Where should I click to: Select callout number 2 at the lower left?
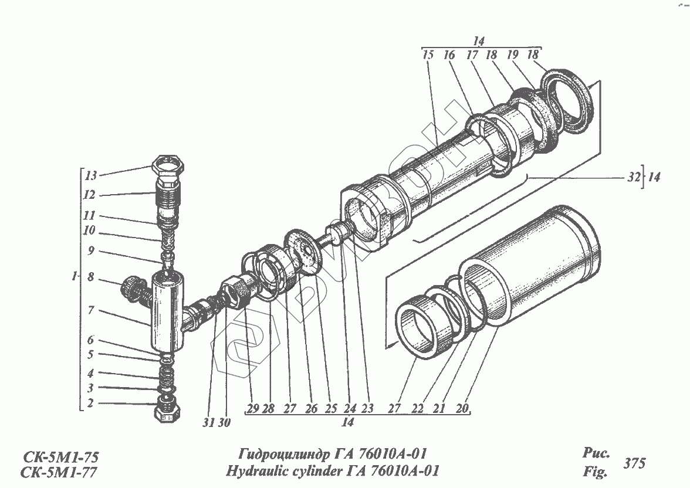point(90,403)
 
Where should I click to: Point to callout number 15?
point(427,56)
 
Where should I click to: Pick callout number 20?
point(462,409)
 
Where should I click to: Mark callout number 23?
point(367,409)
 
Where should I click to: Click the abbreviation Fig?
point(594,470)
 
